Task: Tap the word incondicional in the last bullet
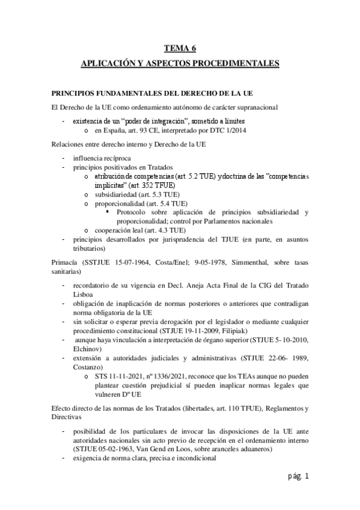point(191,458)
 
